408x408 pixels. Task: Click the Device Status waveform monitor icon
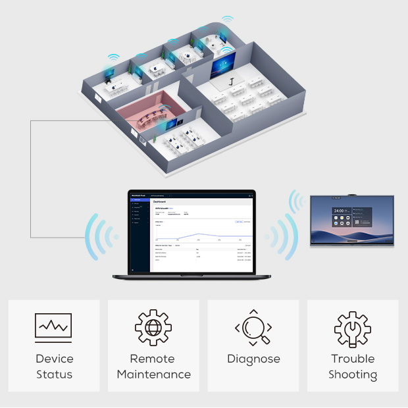point(53,326)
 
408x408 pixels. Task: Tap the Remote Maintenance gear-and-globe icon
point(153,326)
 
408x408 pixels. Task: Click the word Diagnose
point(253,359)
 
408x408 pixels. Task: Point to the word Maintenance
point(153,375)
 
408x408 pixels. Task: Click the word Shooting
point(353,375)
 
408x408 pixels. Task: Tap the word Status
point(54,375)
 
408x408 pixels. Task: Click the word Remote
point(153,359)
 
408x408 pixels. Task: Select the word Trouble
point(353,359)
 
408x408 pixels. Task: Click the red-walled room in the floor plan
point(148,110)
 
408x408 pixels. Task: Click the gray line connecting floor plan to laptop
point(30,171)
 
